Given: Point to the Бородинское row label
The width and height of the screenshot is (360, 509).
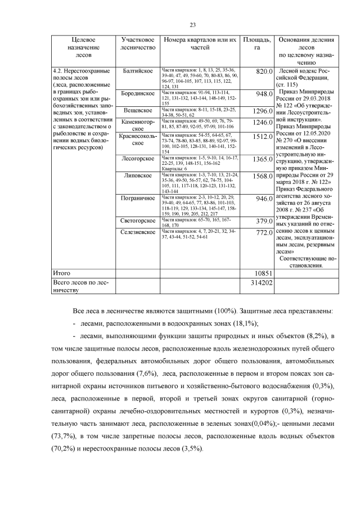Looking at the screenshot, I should coord(138,93).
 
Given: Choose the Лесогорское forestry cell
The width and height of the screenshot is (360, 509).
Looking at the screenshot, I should coord(138,159).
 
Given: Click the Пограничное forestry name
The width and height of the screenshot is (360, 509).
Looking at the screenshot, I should coord(138,198).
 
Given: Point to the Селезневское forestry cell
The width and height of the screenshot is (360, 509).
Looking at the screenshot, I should coord(138,232).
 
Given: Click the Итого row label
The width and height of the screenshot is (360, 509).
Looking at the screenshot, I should coord(61,272).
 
